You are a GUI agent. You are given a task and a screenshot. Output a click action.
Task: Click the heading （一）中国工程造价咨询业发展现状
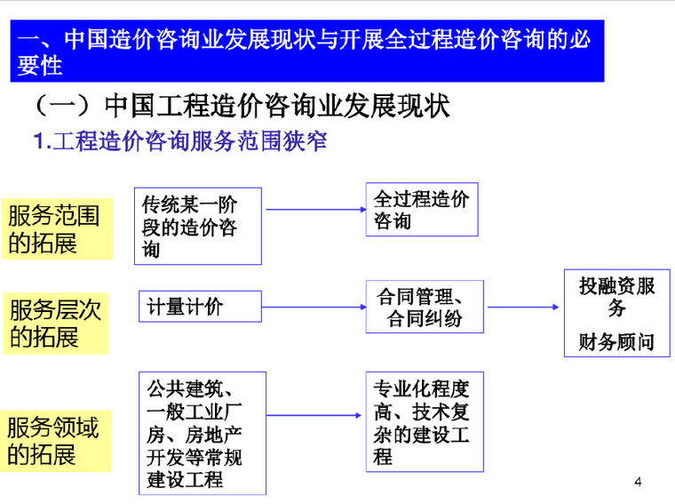pos(240,106)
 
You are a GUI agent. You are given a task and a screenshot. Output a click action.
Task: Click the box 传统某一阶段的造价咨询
pos(197,226)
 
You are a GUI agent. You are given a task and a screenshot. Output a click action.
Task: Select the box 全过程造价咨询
pos(421,209)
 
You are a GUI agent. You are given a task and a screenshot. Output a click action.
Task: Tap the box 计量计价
pos(199,307)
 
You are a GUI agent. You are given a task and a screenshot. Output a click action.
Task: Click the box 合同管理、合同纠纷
pos(424,307)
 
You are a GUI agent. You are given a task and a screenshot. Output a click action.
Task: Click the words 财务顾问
pos(617,341)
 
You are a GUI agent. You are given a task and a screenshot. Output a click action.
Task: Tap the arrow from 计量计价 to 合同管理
pos(314,308)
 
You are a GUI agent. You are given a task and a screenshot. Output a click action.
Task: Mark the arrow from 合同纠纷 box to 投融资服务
pos(523,308)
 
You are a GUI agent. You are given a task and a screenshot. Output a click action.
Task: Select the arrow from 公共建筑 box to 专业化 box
pos(316,414)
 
